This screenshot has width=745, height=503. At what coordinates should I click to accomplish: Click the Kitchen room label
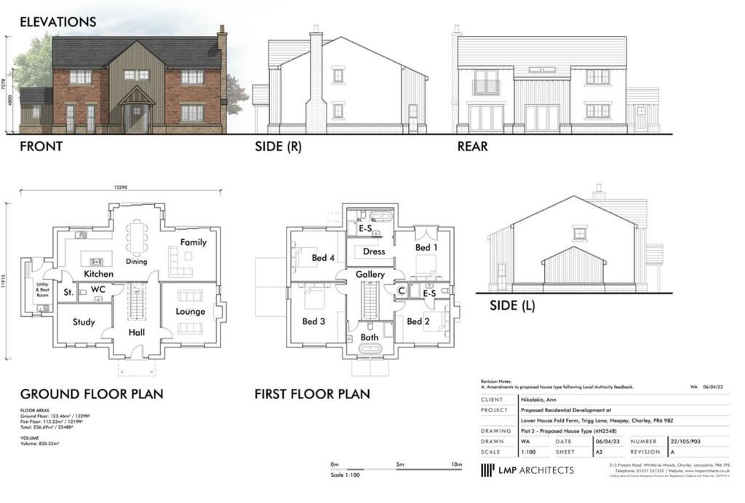tap(98, 274)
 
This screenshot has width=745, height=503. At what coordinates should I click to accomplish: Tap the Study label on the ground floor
tap(84, 321)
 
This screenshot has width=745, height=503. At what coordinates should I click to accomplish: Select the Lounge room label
tap(191, 312)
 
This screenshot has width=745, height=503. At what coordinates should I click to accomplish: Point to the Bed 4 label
tap(323, 258)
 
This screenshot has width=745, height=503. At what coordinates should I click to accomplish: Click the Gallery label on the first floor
tap(370, 274)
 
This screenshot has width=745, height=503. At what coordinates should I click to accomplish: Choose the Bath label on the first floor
tap(370, 337)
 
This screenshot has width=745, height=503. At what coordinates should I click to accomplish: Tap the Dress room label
tap(374, 251)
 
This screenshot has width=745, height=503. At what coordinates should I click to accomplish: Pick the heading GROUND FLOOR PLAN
tap(92, 394)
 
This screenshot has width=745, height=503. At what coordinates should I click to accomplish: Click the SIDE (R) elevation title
tap(279, 146)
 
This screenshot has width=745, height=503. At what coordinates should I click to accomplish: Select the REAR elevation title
tap(473, 146)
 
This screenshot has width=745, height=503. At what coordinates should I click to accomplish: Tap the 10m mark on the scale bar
tap(456, 464)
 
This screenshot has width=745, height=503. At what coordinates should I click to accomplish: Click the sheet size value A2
tap(600, 451)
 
